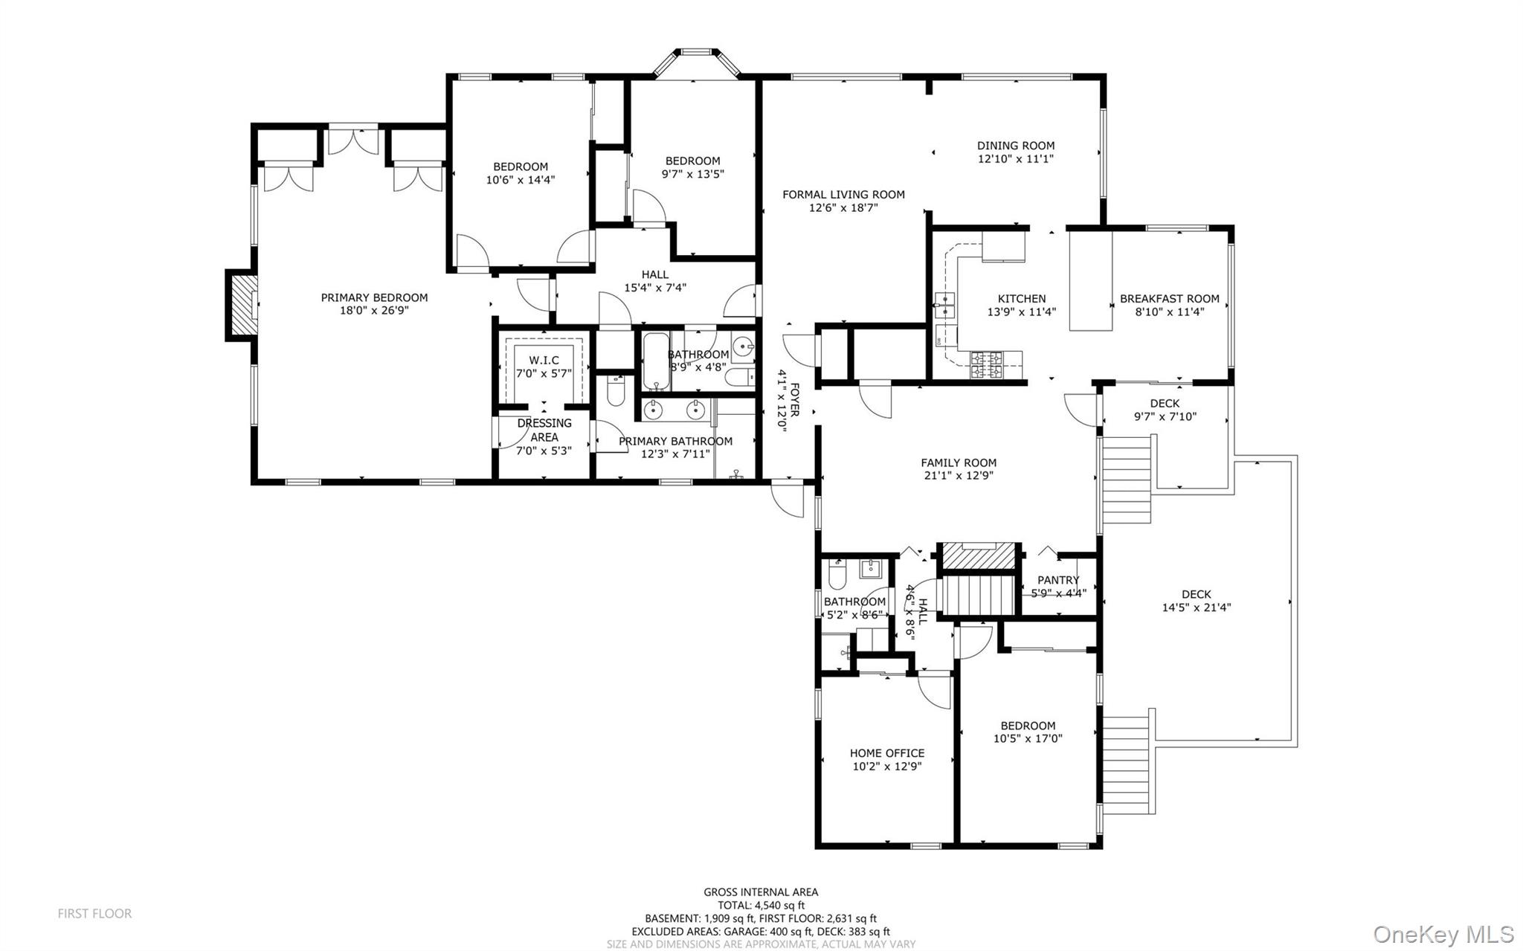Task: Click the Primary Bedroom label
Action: [374, 297]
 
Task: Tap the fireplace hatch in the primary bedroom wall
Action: [241, 305]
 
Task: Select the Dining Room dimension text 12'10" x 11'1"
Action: [1015, 159]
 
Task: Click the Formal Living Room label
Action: [843, 195]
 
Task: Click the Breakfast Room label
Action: [1169, 299]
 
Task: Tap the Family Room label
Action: [959, 462]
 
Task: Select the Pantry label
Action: [1058, 580]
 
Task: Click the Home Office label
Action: [887, 753]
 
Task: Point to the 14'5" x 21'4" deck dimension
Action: [1196, 607]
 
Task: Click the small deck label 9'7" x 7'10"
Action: [1165, 417]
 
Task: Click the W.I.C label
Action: [544, 361]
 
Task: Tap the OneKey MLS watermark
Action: [1443, 934]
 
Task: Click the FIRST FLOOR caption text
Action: [94, 913]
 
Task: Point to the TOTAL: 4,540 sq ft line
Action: [761, 905]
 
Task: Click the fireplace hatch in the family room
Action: [978, 556]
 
